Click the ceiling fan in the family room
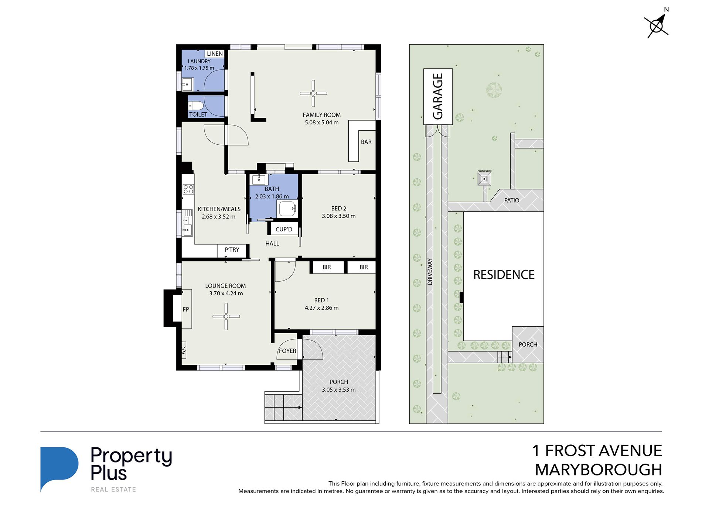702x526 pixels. click(313, 93)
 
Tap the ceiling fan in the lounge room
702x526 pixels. click(226, 316)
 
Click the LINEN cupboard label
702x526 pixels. click(215, 54)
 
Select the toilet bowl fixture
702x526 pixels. click(195, 106)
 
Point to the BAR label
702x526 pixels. click(366, 142)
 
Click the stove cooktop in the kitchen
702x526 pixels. click(188, 189)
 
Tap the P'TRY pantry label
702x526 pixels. click(232, 250)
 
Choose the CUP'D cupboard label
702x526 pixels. click(284, 229)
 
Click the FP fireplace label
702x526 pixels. click(186, 309)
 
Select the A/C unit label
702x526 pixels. click(184, 348)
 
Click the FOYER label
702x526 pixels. click(287, 351)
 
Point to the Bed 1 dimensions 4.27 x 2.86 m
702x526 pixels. click(321, 308)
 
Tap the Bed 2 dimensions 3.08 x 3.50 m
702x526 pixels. click(338, 216)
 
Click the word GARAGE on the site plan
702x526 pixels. click(438, 96)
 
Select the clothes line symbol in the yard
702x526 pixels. click(484, 179)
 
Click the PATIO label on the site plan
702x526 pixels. click(512, 200)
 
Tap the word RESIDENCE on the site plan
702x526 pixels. click(504, 275)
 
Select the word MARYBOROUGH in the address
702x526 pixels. click(599, 470)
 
